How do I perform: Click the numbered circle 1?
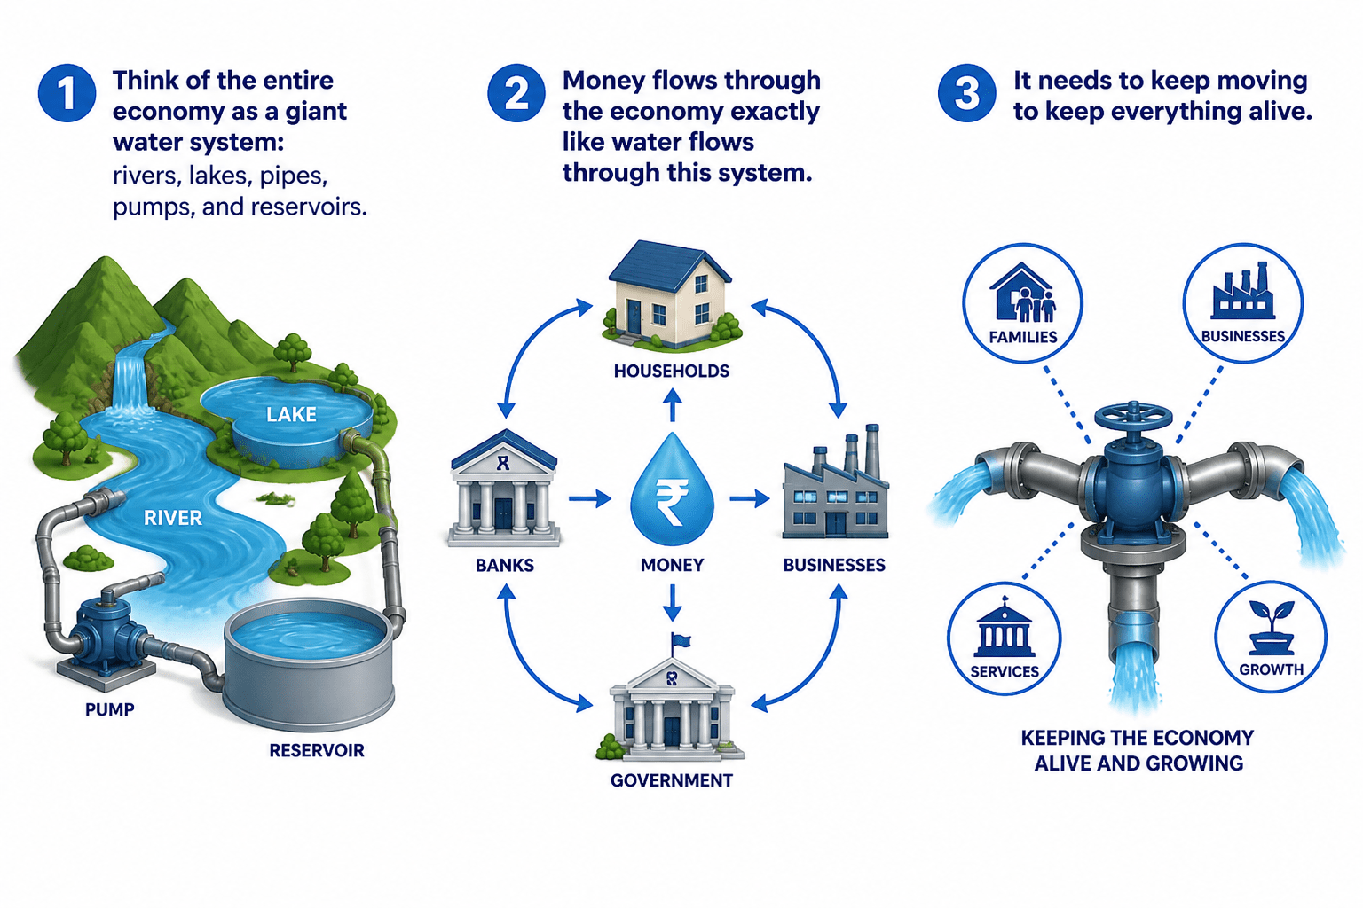pos(67,93)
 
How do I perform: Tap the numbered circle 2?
pos(516,93)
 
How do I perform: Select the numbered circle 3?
pos(967,93)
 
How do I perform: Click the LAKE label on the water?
pos(291,415)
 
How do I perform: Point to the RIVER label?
pos(173,518)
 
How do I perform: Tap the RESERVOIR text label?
pos(317,750)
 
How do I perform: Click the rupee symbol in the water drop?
pos(672,501)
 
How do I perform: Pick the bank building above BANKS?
pos(504,488)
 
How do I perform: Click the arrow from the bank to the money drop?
pos(589,499)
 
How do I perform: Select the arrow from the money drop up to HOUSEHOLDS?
pos(673,404)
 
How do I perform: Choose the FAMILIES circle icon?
pos(1023,303)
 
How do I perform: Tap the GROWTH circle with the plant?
pos(1271,637)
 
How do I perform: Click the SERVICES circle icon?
pos(1005,638)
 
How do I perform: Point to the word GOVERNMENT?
pos(672,781)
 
